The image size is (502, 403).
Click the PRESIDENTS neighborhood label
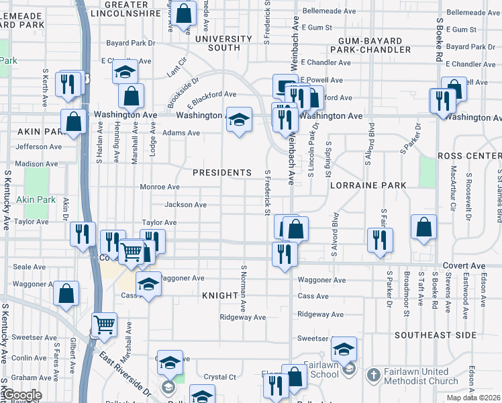[x=221, y=173]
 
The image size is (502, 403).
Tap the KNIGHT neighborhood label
[x=220, y=296]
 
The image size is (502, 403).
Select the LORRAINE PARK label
[x=368, y=185]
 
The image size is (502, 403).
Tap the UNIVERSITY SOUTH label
[x=223, y=43]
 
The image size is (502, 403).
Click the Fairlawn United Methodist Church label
[x=421, y=377]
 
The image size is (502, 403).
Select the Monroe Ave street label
[x=159, y=187]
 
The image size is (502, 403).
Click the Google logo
[x=21, y=395]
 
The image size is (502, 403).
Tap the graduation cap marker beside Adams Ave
[x=239, y=120]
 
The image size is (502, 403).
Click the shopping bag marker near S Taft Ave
[x=423, y=228]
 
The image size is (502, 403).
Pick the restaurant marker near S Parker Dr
[x=380, y=240]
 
